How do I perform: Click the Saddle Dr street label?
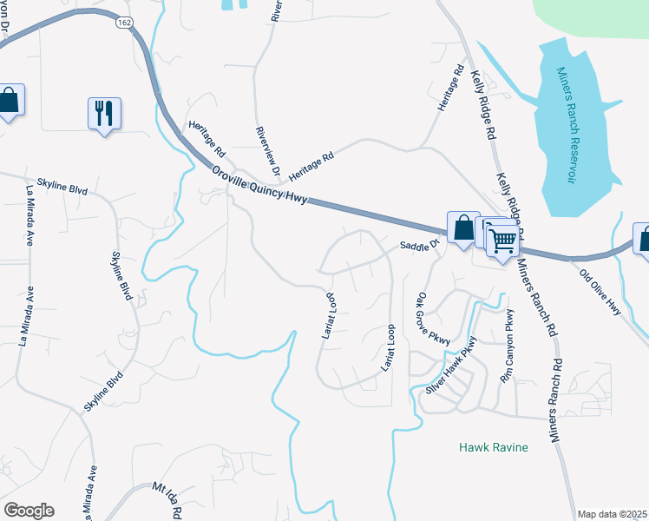click(x=421, y=247)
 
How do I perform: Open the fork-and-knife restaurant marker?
click(x=104, y=113)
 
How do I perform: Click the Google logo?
click(x=29, y=511)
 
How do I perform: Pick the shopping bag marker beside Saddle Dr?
click(x=463, y=228)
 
